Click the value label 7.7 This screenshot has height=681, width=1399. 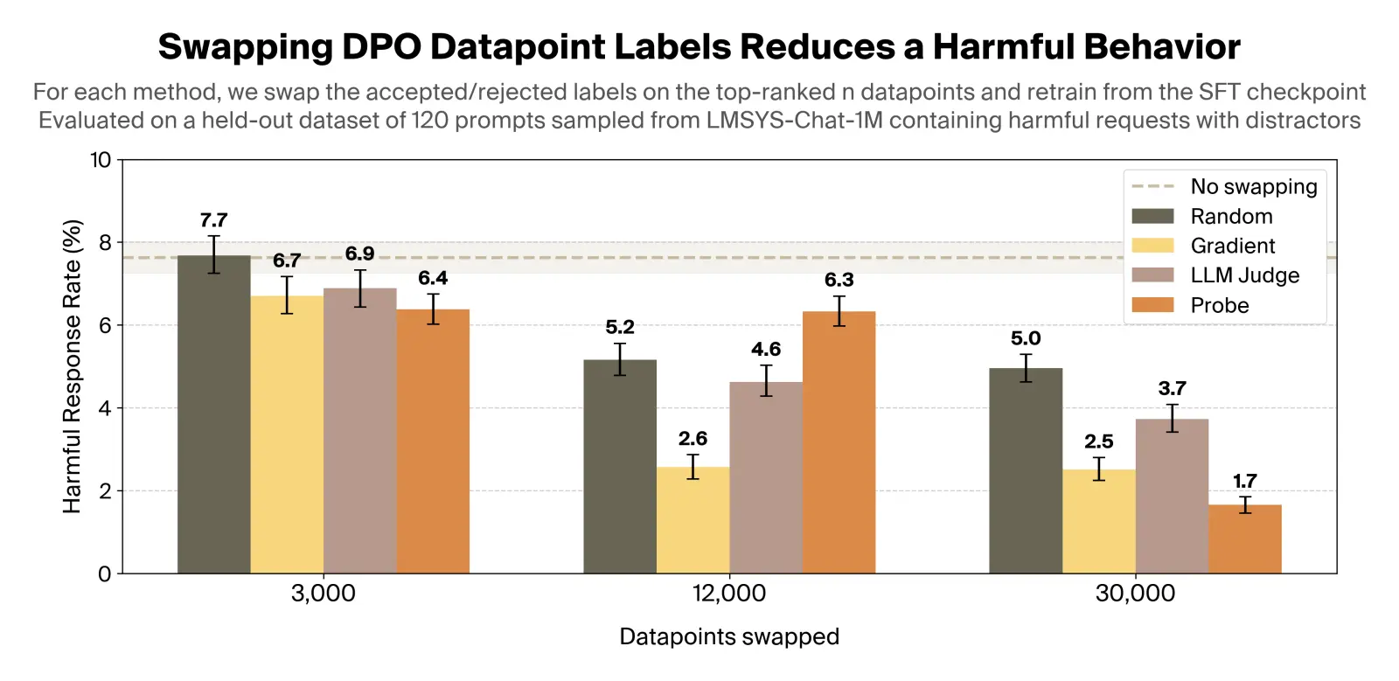[x=213, y=220]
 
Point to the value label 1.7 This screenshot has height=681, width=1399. [x=1244, y=481]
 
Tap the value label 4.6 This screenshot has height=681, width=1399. [x=765, y=349]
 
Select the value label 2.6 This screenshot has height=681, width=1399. [x=693, y=438]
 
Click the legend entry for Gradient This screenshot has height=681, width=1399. [x=1232, y=246]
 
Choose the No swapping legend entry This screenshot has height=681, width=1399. [x=1253, y=186]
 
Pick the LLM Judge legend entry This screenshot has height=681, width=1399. [x=1244, y=275]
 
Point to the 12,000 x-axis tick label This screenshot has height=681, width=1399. [x=728, y=594]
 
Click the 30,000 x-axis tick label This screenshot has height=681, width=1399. [x=1135, y=594]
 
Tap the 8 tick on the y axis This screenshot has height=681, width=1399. [x=105, y=242]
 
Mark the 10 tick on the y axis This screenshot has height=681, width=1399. [x=101, y=159]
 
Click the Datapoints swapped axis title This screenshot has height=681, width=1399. [x=728, y=636]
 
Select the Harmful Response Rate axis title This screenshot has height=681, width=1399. [x=72, y=366]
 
